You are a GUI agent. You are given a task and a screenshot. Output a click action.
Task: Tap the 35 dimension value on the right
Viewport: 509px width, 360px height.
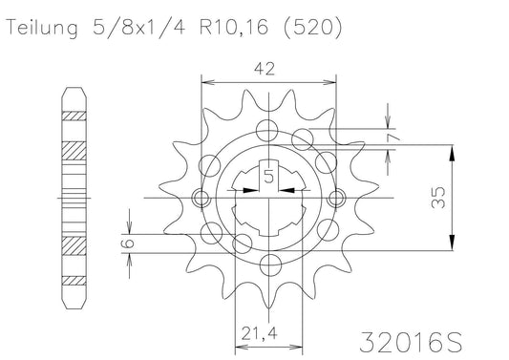(463, 199)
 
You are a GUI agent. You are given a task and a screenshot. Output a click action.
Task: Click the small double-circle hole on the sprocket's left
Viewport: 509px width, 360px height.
(201, 199)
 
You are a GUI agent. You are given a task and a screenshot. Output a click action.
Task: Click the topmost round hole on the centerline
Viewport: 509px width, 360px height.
(268, 121)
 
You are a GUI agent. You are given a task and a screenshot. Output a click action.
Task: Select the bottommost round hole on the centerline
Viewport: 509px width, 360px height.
(268, 275)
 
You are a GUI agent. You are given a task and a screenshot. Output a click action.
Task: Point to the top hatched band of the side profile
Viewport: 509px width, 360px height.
(72, 116)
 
